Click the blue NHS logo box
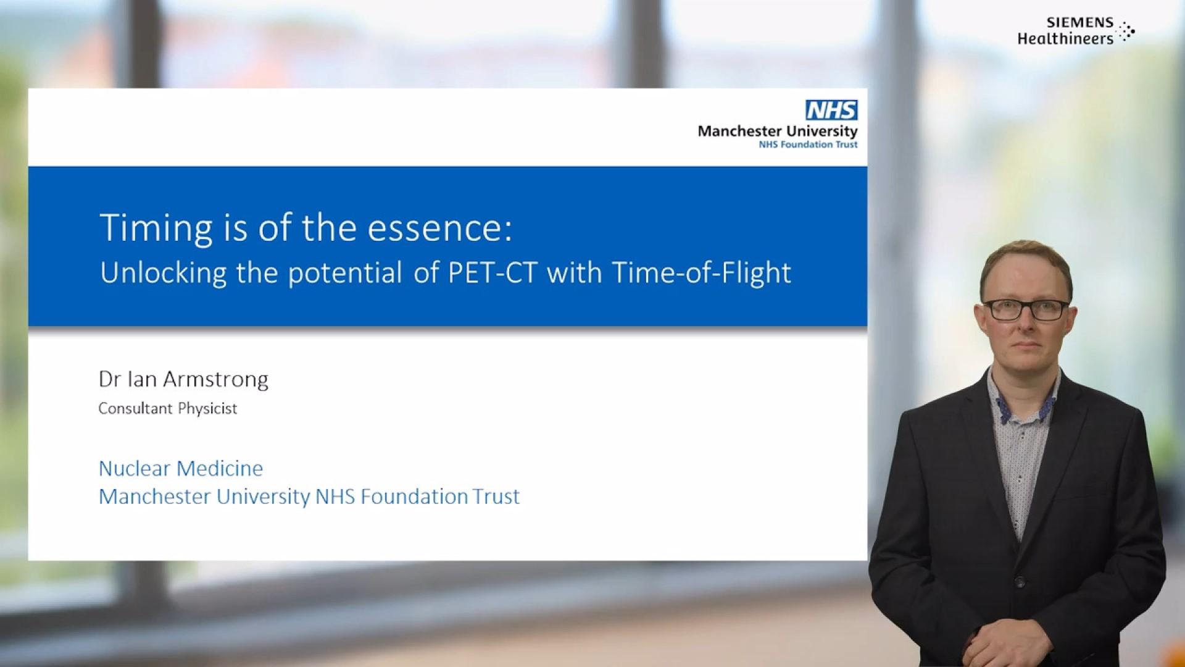click(831, 111)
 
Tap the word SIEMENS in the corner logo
click(1079, 23)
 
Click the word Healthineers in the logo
click(1065, 39)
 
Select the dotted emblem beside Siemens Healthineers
click(1127, 31)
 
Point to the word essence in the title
click(439, 228)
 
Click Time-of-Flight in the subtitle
click(701, 272)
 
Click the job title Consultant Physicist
click(167, 408)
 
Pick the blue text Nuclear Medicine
click(181, 468)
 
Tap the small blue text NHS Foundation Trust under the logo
click(808, 145)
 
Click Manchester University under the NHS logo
click(777, 131)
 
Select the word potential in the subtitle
click(345, 272)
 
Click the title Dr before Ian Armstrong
click(109, 379)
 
